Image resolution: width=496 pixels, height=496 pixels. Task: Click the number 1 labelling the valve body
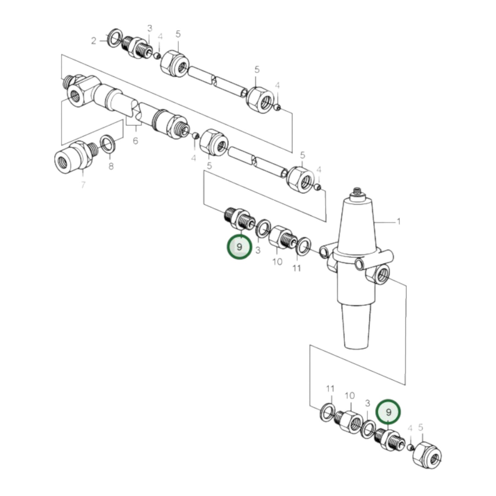[x=398, y=222]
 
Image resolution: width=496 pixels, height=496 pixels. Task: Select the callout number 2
[x=94, y=41]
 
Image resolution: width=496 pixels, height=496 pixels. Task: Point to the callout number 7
[x=83, y=185]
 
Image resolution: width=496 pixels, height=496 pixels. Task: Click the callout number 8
[x=111, y=166]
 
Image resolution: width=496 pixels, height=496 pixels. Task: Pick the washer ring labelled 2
[x=114, y=38]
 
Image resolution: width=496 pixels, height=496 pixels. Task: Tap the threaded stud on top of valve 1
[x=357, y=192]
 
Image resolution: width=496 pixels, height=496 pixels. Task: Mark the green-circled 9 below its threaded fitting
[x=239, y=247]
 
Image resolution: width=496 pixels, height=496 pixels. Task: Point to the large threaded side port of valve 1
[x=382, y=275]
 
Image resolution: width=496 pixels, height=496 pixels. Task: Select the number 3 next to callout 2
[x=150, y=28]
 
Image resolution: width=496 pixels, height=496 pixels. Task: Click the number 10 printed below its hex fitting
[x=277, y=262]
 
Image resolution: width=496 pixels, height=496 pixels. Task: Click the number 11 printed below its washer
[x=297, y=268]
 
